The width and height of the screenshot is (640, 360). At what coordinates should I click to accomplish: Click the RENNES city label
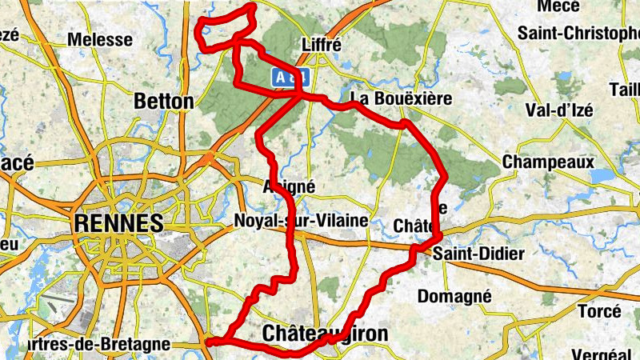coord(118,222)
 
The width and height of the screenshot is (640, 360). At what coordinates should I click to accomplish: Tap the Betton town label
coord(165,102)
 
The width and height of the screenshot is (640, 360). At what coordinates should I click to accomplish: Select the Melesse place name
coord(100,39)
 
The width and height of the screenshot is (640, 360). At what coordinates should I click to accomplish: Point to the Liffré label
coord(322,45)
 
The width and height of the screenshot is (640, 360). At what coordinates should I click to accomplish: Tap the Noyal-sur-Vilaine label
coord(302,220)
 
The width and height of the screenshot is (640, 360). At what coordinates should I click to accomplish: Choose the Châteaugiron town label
coord(325,333)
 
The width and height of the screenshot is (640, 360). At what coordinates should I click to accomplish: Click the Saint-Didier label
coord(478,254)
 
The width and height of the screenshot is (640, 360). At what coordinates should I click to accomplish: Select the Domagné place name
coord(454,296)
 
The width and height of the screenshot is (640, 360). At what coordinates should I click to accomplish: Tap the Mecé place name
coord(558,6)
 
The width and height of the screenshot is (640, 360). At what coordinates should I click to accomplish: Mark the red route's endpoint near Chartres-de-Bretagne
coord(210,342)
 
